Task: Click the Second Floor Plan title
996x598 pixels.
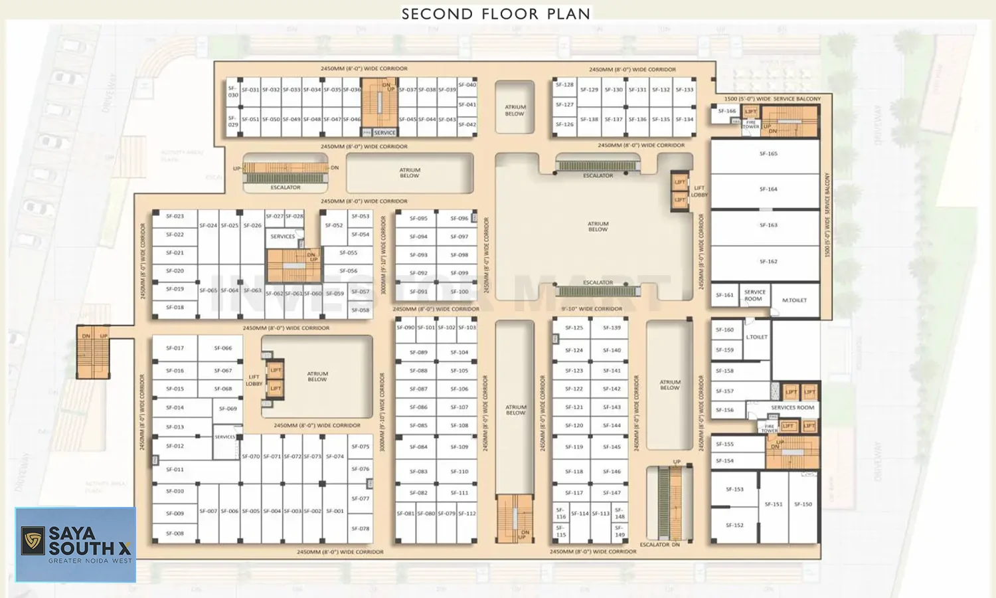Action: tap(496, 14)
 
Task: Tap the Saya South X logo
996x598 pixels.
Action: tap(76, 545)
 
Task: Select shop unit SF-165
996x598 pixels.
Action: tap(768, 154)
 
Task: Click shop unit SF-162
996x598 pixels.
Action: tap(768, 262)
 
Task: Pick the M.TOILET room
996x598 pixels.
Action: tap(794, 300)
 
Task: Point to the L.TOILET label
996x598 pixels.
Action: tap(756, 338)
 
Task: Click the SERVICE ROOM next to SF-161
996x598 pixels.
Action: tap(754, 296)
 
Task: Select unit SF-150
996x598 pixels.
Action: tap(803, 504)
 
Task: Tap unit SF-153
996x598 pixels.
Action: tap(734, 490)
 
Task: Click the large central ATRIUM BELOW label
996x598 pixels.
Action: tap(598, 227)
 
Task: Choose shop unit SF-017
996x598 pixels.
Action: tap(175, 348)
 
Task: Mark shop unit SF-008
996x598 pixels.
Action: tap(175, 534)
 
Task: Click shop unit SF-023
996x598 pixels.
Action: tap(175, 217)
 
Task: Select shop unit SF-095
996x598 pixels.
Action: tap(418, 219)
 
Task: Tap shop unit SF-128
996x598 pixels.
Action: tap(564, 85)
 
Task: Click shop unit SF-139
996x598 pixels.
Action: tap(612, 328)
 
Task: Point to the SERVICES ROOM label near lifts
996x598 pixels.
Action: tap(792, 407)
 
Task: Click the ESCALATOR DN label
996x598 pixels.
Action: tap(659, 545)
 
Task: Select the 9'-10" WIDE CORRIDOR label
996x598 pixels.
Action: tap(592, 309)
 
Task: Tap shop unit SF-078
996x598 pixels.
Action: tap(360, 529)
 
